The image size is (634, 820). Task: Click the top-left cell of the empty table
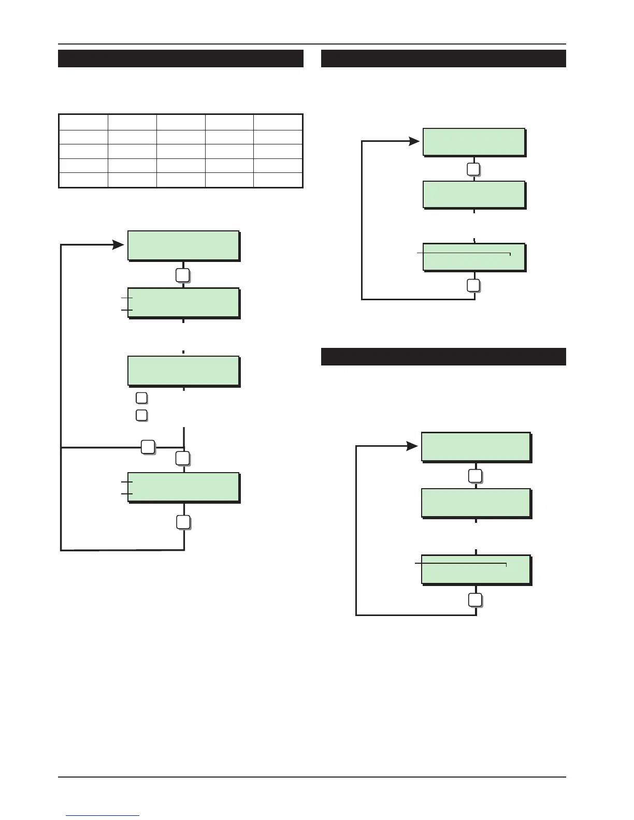pos(83,122)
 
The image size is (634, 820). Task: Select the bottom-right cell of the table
pos(278,180)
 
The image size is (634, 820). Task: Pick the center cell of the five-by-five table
pos(181,151)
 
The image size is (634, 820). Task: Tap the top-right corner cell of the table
pos(278,122)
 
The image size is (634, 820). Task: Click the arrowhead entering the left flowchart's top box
pos(119,244)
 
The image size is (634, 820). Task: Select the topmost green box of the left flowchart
pos(183,245)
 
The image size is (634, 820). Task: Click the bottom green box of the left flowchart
pos(183,487)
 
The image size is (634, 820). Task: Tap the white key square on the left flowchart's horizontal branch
pos(148,446)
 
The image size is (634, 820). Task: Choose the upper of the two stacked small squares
pos(141,398)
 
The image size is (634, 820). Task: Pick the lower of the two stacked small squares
pos(141,415)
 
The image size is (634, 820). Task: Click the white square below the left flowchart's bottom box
pos(183,522)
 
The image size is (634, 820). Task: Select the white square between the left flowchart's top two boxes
pos(182,275)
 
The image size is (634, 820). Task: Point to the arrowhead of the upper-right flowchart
pos(414,141)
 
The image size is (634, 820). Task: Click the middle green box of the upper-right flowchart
pos(474,195)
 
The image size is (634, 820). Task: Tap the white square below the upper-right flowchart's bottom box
pos(473,285)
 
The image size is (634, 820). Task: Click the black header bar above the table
pos(180,58)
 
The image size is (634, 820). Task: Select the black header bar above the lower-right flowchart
pos(443,357)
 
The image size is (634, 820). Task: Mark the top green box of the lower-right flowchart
pos(476,447)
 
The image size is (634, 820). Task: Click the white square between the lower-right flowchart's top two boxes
pos(475,476)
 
